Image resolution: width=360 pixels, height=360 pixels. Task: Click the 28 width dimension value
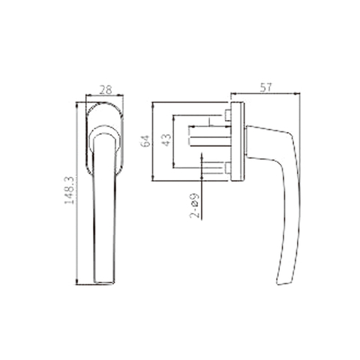(105, 90)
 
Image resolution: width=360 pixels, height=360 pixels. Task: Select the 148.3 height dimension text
(70, 191)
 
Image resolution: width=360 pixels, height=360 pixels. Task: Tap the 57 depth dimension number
(265, 88)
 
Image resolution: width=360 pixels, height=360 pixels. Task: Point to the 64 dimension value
(147, 139)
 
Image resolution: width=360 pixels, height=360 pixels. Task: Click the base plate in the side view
(237, 141)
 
